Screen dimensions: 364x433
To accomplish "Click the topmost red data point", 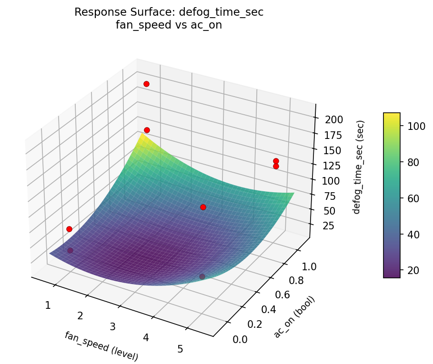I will coord(146,84).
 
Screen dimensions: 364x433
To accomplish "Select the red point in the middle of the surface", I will coord(203,207).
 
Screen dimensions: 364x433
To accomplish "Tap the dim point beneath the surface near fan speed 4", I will coord(202,276).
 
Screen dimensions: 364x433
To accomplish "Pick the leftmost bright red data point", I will coord(69,229).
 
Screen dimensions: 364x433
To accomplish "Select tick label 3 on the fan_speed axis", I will coord(113,326).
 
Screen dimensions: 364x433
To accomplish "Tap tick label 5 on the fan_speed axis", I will coord(180,349).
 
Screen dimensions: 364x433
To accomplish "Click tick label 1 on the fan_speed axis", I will coord(48,305).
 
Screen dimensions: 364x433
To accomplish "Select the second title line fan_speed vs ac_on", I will coord(169,25).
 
